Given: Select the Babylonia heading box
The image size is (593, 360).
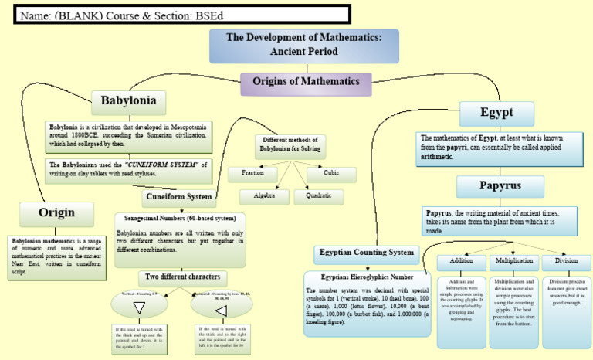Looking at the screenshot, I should point(129,100).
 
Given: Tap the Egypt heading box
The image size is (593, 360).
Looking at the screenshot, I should point(496,113).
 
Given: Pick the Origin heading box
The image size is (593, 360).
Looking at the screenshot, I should point(57,212).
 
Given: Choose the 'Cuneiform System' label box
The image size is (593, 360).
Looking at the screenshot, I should point(178,196).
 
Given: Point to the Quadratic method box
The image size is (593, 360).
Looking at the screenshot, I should point(319,197).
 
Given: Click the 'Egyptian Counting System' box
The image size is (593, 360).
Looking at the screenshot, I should point(368,253).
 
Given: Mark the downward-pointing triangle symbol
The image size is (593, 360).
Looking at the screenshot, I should point(140,308).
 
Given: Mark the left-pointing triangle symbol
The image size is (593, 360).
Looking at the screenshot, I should point(219,310).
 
